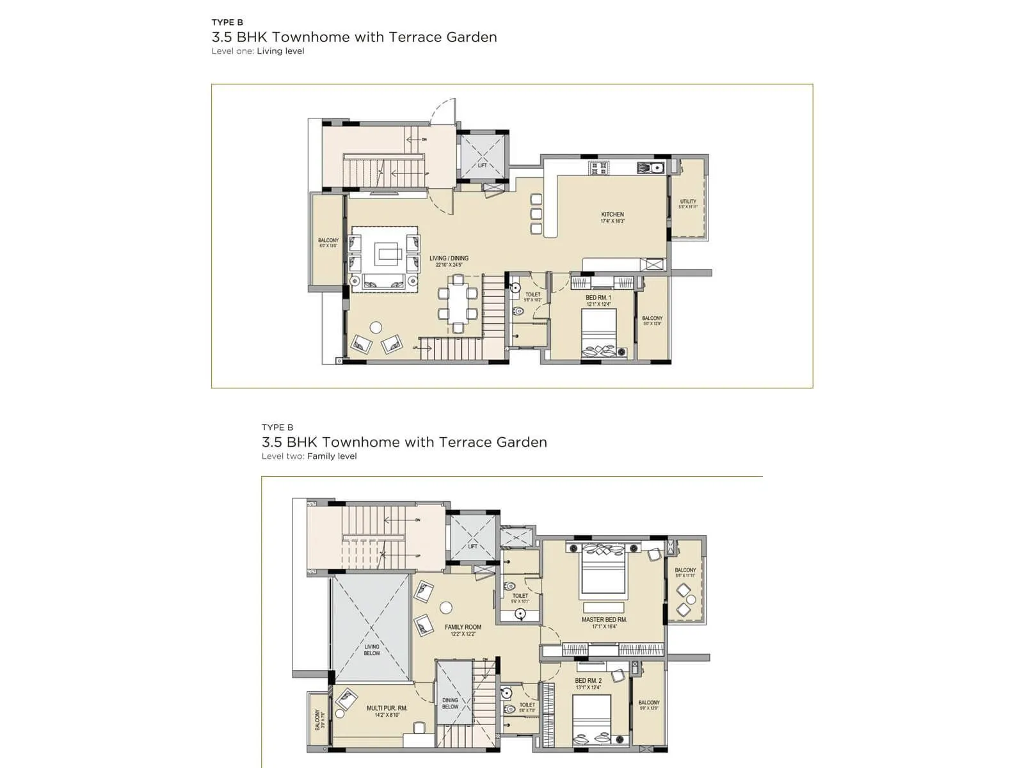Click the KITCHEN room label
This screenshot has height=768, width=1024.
(x=612, y=215)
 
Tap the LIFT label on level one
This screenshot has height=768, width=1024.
(x=483, y=166)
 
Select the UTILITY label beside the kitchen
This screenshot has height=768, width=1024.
(x=688, y=202)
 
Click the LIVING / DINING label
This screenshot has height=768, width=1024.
(x=449, y=259)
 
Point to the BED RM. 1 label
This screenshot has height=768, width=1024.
(x=598, y=298)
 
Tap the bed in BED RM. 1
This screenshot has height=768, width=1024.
(x=599, y=333)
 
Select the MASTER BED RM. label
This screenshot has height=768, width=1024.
(x=604, y=620)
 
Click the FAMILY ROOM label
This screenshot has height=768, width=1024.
(x=463, y=627)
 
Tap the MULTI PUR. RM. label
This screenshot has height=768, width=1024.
(x=387, y=708)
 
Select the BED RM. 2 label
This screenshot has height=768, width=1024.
(x=588, y=681)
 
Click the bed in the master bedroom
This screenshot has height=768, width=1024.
(x=602, y=570)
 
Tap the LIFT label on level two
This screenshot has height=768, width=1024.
(x=473, y=546)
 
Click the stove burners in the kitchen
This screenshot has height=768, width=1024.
(x=600, y=168)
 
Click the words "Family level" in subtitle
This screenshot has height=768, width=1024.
(x=332, y=456)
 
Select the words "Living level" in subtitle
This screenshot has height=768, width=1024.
(x=280, y=51)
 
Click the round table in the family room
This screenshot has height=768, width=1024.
(x=446, y=608)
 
